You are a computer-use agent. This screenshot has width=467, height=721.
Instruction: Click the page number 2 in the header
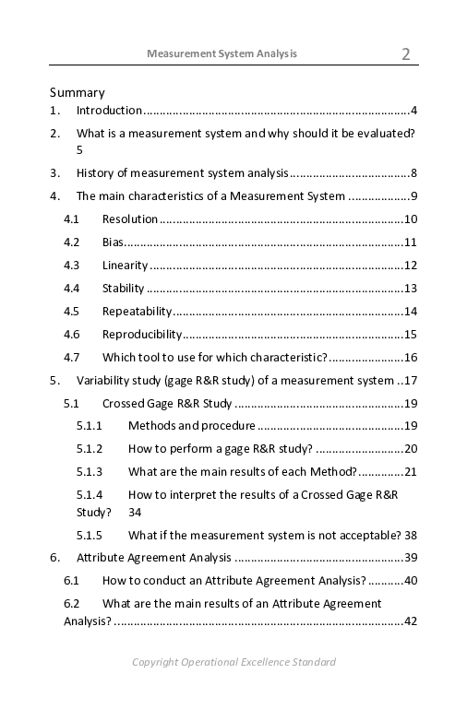click(x=406, y=54)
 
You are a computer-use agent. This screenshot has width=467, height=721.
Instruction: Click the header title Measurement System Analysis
click(x=222, y=53)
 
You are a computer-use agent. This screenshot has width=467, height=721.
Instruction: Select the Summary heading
click(x=78, y=92)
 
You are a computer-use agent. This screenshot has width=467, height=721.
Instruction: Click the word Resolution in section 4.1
click(x=130, y=219)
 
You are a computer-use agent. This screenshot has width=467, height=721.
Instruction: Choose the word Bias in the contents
click(x=113, y=242)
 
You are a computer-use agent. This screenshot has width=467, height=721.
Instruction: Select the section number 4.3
click(x=72, y=266)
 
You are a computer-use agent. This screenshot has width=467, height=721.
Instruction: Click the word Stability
click(x=124, y=289)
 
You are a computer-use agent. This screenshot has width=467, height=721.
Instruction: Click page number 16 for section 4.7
click(x=411, y=358)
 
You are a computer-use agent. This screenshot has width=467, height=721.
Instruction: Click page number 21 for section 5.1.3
click(x=411, y=472)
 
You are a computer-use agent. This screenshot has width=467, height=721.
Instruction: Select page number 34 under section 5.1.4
click(x=136, y=512)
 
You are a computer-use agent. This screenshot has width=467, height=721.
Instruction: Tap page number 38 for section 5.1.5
click(x=411, y=535)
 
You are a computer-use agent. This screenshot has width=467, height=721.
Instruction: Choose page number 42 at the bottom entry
click(x=411, y=621)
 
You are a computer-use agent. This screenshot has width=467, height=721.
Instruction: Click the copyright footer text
click(x=233, y=662)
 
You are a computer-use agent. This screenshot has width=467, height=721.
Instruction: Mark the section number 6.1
click(x=72, y=581)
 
